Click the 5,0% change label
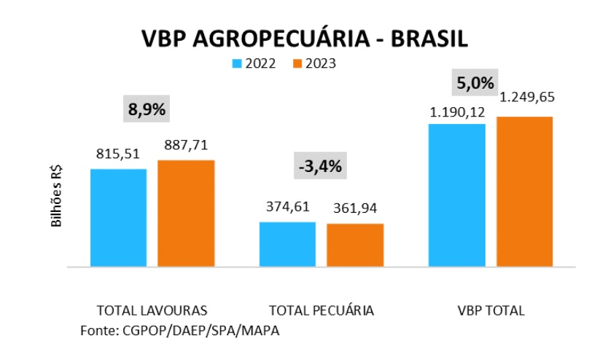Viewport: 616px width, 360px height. tap(476, 82)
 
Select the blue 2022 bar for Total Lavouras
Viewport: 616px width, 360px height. tap(118, 218)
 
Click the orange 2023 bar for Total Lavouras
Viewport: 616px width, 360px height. tap(186, 214)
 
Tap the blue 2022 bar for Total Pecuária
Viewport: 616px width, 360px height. tap(287, 245)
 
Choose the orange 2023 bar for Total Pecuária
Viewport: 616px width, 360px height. tap(355, 246)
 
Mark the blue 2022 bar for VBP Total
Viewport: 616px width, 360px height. tap(457, 195)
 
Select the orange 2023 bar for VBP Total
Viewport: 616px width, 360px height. tap(524, 192)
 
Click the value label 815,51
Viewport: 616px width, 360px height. tap(118, 154)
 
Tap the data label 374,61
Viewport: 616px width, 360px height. tap(287, 208)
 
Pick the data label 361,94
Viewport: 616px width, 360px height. tap(355, 209)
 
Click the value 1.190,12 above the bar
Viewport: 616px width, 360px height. tap(457, 112)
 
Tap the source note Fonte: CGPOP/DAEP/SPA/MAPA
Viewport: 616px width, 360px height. tap(179, 330)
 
